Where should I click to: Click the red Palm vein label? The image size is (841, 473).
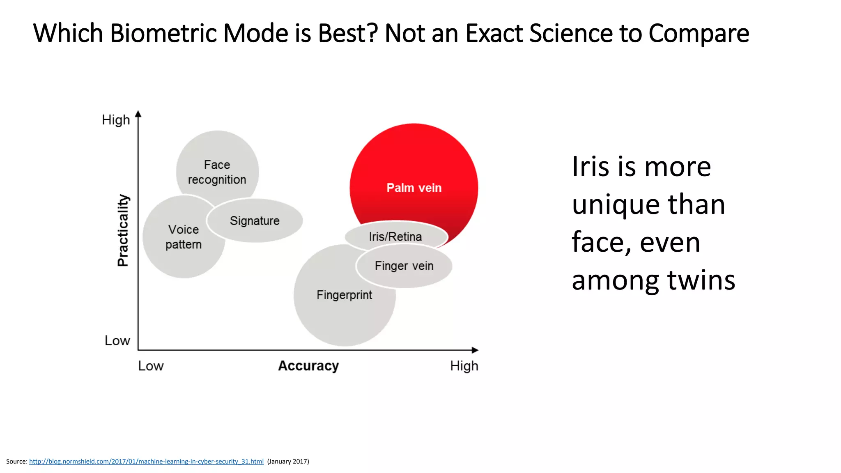pyautogui.click(x=414, y=188)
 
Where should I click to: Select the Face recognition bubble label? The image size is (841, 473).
pyautogui.click(x=217, y=172)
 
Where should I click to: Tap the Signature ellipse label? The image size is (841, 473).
pyautogui.click(x=255, y=221)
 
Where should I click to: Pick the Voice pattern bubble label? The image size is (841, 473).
pyautogui.click(x=184, y=237)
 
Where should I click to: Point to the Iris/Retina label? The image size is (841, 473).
pyautogui.click(x=395, y=237)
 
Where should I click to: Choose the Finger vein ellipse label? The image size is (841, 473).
pyautogui.click(x=404, y=266)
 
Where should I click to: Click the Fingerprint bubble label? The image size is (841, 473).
pyautogui.click(x=344, y=295)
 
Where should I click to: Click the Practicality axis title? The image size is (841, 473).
pyautogui.click(x=123, y=230)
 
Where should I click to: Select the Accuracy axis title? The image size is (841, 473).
pyautogui.click(x=308, y=366)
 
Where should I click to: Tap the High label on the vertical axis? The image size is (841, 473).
pyautogui.click(x=116, y=120)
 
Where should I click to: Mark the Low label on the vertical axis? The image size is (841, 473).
pyautogui.click(x=117, y=341)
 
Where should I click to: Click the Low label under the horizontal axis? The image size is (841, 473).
pyautogui.click(x=151, y=366)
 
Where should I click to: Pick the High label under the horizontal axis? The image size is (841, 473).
pyautogui.click(x=464, y=366)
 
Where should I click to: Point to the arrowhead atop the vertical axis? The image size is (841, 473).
pyautogui.click(x=138, y=114)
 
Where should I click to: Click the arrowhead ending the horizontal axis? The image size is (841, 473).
pyautogui.click(x=475, y=350)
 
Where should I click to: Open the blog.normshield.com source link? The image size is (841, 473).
pyautogui.click(x=146, y=462)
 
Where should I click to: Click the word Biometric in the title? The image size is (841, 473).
pyautogui.click(x=163, y=33)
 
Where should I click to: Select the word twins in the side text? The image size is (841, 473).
pyautogui.click(x=701, y=280)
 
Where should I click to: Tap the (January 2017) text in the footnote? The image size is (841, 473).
pyautogui.click(x=288, y=462)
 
